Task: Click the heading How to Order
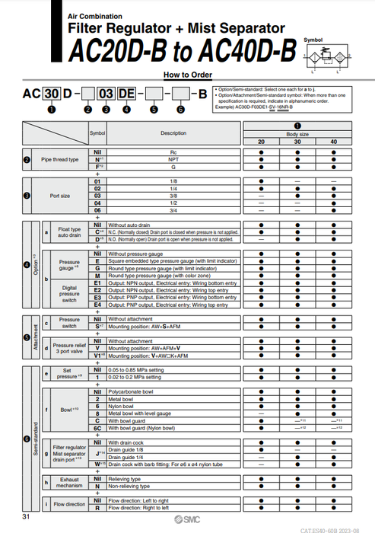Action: [187, 75]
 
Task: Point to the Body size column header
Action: [297, 133]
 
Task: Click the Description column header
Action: [173, 133]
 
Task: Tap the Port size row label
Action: [59, 196]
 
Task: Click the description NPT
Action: [173, 160]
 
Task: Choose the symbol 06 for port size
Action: [97, 210]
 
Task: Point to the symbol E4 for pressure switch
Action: [97, 305]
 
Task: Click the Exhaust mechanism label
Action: [69, 482]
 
